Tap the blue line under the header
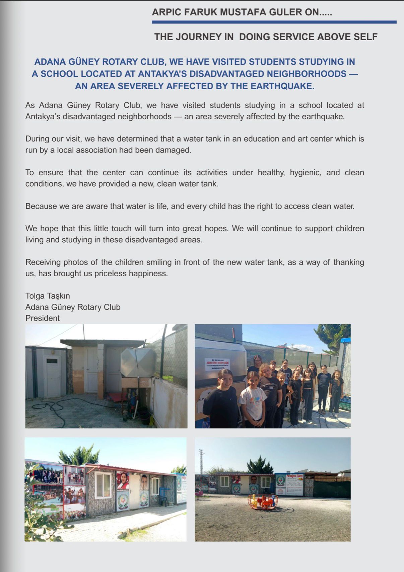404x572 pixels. (274, 22)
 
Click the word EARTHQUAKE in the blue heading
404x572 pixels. (282, 86)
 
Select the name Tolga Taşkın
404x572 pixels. (48, 296)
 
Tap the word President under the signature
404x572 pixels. (43, 318)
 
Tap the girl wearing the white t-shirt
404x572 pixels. (253, 397)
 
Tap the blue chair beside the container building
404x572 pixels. (163, 496)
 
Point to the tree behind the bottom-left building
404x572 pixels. (80, 455)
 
